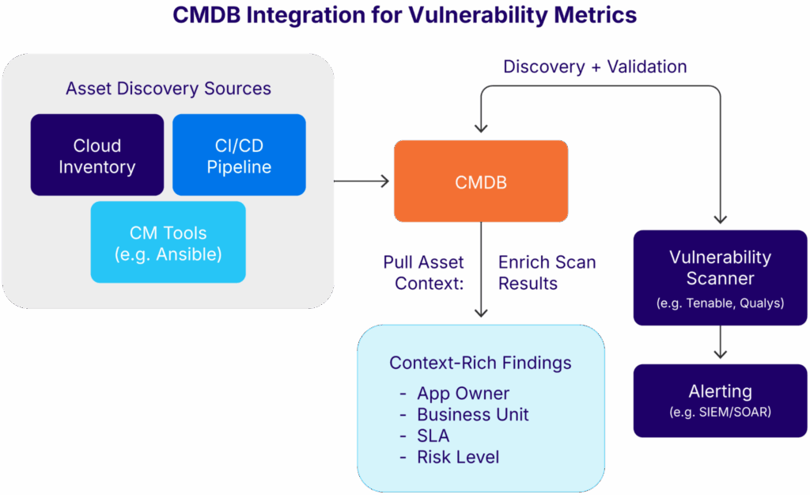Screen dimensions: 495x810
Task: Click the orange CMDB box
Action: [480, 181]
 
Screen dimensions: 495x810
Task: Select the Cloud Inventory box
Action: [97, 155]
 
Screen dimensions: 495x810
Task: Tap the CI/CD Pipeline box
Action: [239, 155]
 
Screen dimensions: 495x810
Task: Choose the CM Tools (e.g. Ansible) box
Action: [168, 242]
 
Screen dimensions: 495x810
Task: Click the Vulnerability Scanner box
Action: [720, 277]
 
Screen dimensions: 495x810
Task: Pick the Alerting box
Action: [720, 400]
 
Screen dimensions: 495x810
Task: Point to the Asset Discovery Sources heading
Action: [168, 88]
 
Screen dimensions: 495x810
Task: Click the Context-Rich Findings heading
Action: [480, 363]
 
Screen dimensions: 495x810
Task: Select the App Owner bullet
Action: [463, 394]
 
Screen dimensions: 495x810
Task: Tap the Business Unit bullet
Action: [472, 414]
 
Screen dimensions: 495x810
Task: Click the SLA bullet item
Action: [433, 436]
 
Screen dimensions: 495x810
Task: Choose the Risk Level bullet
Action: [458, 457]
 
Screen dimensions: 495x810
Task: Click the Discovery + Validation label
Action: [595, 67]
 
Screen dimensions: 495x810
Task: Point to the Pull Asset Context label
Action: [424, 272]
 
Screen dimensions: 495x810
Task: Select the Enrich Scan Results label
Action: [547, 272]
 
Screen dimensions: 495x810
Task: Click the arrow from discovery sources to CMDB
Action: [363, 181]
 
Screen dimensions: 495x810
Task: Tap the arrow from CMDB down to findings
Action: [481, 269]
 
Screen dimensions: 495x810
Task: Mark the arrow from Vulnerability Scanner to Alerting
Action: [720, 344]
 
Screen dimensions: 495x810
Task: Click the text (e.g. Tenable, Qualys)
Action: [720, 303]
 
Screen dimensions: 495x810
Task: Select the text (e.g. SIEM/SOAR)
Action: [720, 412]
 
